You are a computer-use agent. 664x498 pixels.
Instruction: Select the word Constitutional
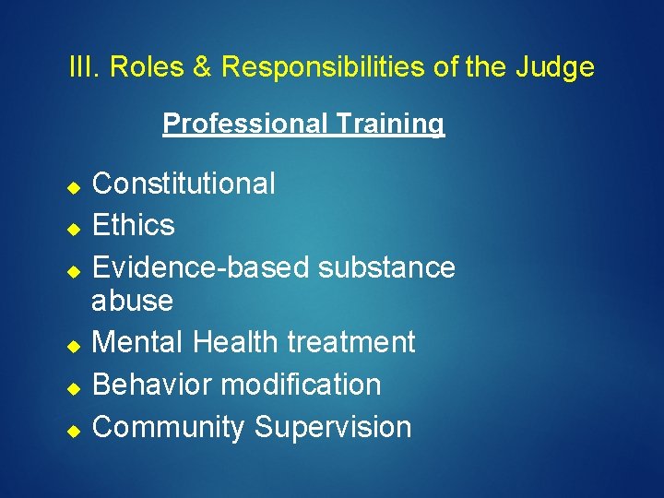pyautogui.click(x=184, y=184)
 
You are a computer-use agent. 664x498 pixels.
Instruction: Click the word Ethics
pyautogui.click(x=134, y=225)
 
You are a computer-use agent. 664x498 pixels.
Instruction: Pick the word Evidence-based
pyautogui.click(x=202, y=267)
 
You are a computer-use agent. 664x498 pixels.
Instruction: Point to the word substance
pyautogui.click(x=386, y=267)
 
